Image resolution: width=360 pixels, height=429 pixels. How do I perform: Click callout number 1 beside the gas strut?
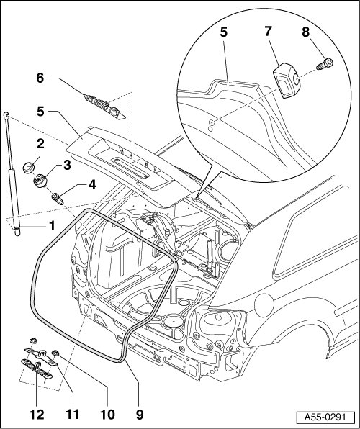pos(52,226)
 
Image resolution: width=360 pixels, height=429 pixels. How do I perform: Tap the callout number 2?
pos(40,143)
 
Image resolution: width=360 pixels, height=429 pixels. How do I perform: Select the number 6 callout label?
pos(40,78)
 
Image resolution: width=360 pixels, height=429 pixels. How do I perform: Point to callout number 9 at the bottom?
pos(140,414)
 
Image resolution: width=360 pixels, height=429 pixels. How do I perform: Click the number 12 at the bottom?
pos(37,414)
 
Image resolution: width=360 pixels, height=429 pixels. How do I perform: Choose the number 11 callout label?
pos(73,414)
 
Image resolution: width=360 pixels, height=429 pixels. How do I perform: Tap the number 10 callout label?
pos(107,414)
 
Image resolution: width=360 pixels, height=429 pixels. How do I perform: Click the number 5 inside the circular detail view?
pos(224,32)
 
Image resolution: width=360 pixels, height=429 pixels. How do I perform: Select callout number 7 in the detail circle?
pos(268,31)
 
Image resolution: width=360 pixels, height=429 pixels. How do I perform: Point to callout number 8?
pos(306,32)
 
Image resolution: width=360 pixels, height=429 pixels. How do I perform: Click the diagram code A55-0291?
pos(325,417)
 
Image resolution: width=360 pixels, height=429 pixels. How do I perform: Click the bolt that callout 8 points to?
pos(325,64)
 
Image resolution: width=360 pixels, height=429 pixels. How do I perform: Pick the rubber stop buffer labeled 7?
pos(287,81)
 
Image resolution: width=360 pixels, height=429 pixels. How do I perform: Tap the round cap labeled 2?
pos(29,167)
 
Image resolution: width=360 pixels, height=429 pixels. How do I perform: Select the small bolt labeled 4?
pos(58,199)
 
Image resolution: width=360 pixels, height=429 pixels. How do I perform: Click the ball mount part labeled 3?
pos(40,181)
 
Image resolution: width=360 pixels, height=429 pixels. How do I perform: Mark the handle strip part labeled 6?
pos(105,107)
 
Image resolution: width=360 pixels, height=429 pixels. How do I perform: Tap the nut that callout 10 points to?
pos(55,353)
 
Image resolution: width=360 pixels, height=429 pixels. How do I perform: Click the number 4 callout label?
pos(92,185)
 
